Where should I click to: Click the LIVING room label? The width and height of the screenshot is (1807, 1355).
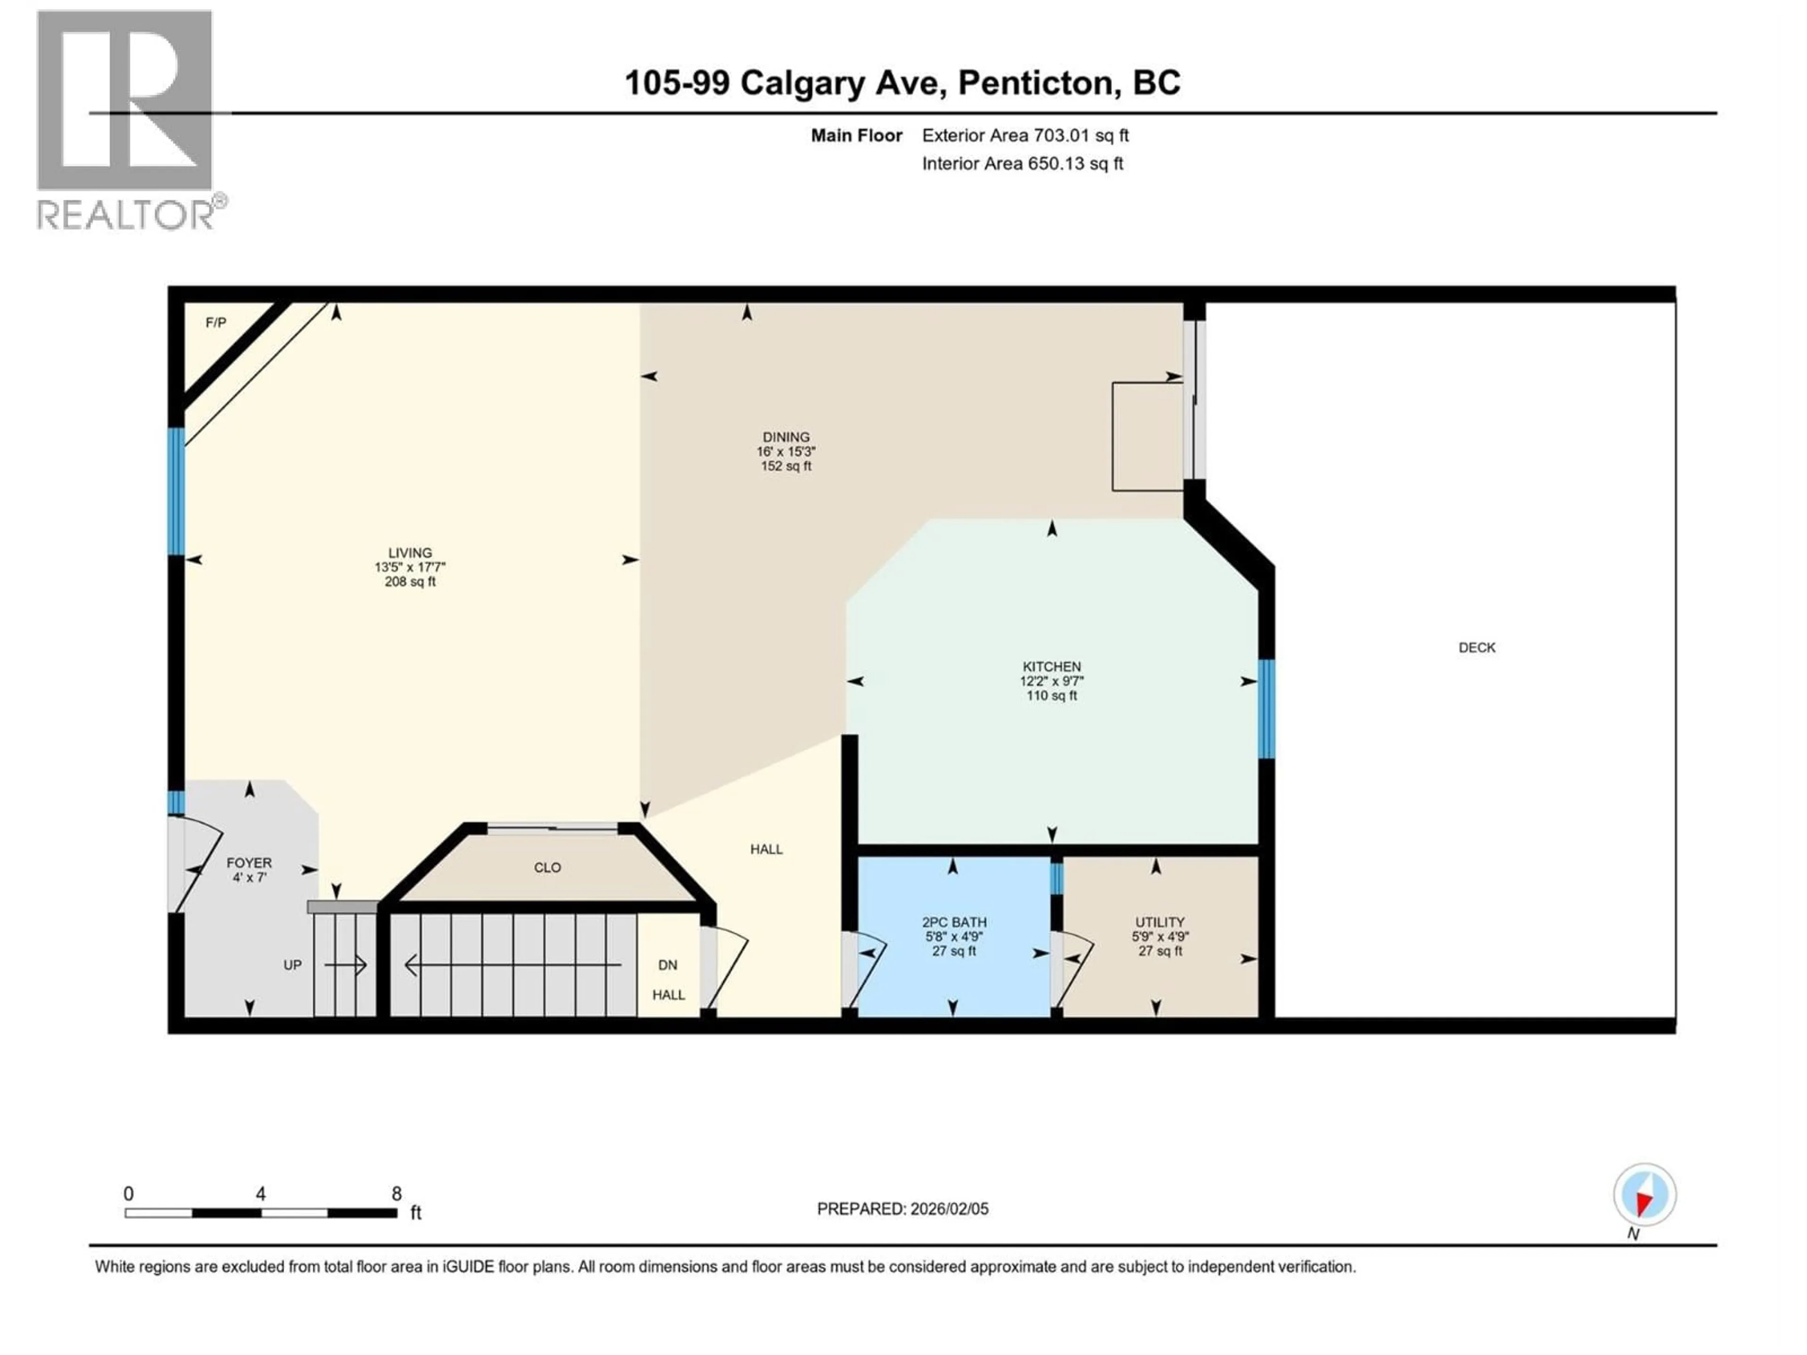410,553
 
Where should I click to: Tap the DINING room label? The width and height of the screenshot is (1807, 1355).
786,437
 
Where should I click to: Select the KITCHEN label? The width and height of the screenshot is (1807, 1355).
1051,667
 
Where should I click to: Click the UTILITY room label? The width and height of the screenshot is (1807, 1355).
1159,922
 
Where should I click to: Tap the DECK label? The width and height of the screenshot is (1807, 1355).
1476,648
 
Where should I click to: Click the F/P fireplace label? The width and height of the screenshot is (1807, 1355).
216,323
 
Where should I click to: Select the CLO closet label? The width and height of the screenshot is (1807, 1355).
547,868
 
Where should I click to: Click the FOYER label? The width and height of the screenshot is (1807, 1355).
249,862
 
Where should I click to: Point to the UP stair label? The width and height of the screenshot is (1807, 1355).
292,964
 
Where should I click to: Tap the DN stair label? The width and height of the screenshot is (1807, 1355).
667,964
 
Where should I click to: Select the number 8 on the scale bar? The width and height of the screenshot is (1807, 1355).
396,1193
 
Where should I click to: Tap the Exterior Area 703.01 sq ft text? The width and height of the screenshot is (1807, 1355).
1025,135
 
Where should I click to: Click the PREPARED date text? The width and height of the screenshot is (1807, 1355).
902,1209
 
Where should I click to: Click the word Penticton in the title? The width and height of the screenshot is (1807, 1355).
1036,82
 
